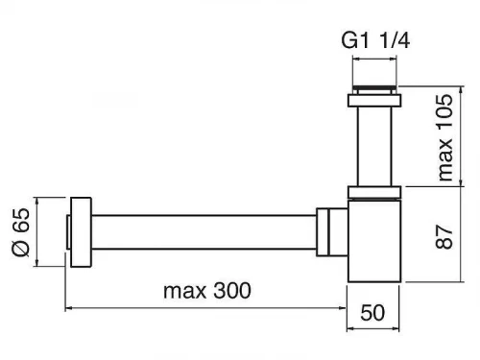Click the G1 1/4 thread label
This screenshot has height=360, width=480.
click(375, 41)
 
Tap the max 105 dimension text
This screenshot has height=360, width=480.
click(445, 137)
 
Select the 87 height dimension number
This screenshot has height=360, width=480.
click(444, 236)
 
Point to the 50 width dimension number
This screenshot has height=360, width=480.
click(372, 313)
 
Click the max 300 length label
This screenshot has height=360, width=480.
click(207, 291)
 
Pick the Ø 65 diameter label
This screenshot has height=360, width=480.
click(21, 232)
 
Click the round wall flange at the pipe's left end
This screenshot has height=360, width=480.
click(81, 232)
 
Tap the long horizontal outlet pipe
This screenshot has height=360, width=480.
click(204, 232)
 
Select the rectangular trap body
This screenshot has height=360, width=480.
click(374, 241)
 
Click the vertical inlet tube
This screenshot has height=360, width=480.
click(374, 146)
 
